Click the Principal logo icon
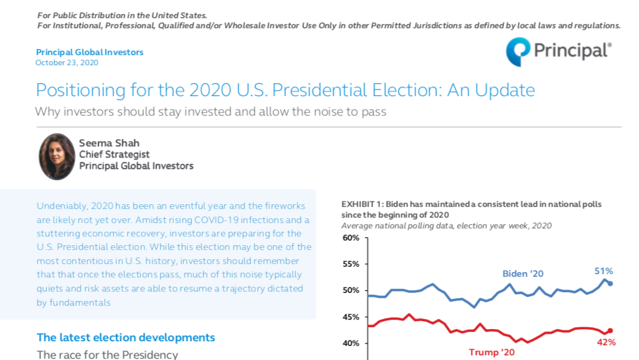[518, 52]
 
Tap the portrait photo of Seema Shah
[57, 156]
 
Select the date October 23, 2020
[67, 62]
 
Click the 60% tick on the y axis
[351, 238]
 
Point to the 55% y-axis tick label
[351, 264]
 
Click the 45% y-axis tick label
[351, 317]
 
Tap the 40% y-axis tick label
[351, 343]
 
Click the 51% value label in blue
[603, 271]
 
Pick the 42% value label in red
[606, 343]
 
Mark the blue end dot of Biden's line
[609, 283]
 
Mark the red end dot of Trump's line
[609, 330]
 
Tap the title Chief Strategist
[114, 154]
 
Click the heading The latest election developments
[126, 337]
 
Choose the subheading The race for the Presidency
[107, 354]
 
